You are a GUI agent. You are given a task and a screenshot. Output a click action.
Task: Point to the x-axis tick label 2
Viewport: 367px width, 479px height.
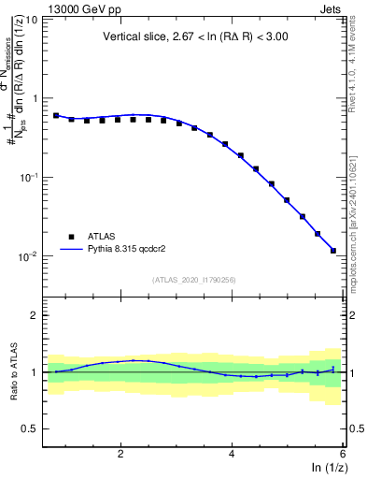(120, 453)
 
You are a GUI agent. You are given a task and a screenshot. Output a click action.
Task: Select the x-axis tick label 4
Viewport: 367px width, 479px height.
(232, 453)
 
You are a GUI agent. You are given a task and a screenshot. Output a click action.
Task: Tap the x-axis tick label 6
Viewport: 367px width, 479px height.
(343, 453)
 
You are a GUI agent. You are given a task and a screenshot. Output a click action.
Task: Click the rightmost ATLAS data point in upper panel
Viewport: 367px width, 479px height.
(333, 251)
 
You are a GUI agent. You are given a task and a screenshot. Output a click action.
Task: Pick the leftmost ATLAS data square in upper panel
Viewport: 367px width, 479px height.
(56, 116)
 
